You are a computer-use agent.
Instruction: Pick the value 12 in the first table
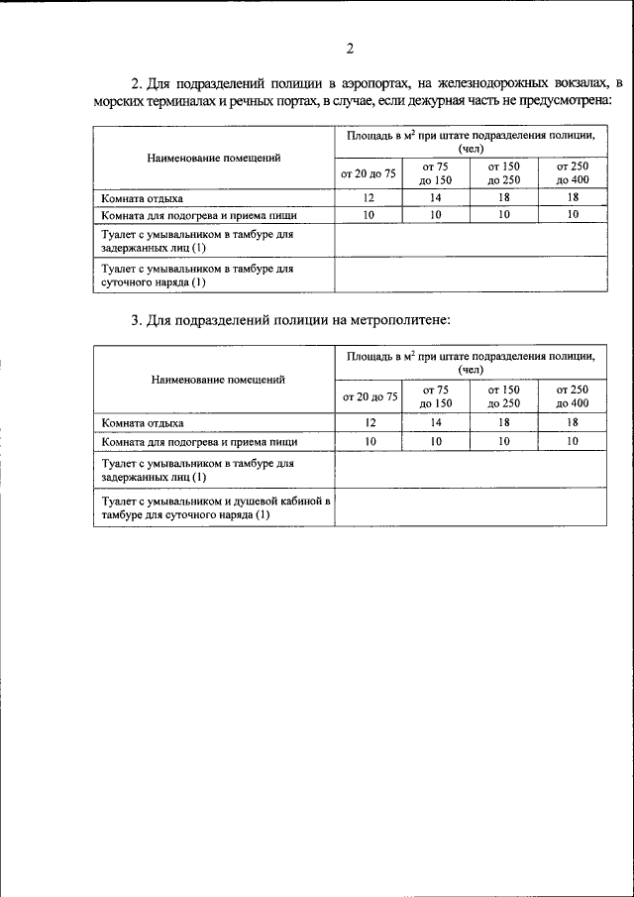[x=369, y=197]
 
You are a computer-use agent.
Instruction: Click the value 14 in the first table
[x=436, y=197]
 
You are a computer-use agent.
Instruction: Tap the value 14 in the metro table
[x=436, y=423]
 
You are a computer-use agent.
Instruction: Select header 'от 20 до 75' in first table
[x=369, y=173]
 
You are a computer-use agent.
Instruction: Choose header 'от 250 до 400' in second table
[x=573, y=396]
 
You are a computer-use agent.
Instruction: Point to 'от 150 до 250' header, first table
[x=504, y=173]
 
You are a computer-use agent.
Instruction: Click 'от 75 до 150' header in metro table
[x=436, y=396]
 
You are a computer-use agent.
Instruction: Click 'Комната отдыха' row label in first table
[x=143, y=197]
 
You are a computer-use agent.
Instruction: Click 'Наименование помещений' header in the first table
[x=214, y=158]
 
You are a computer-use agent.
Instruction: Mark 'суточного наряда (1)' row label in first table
[x=154, y=282]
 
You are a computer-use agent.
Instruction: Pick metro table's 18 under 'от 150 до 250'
[x=504, y=423]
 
